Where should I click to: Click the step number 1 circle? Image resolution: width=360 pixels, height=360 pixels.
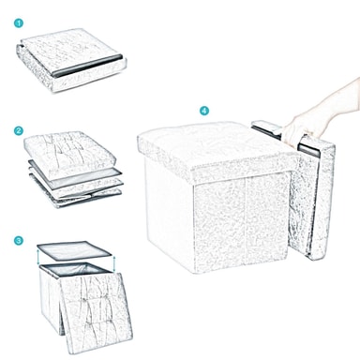pyautogui.click(x=19, y=23)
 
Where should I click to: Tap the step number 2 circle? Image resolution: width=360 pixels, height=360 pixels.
pyautogui.click(x=19, y=130)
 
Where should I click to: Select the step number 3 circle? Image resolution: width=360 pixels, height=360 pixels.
pyautogui.click(x=19, y=241)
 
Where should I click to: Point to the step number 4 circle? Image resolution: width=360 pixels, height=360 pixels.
pyautogui.click(x=204, y=111)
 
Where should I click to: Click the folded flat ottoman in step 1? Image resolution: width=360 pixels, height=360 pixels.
pyautogui.click(x=71, y=60)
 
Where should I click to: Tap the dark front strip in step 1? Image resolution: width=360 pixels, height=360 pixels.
pyautogui.click(x=87, y=66)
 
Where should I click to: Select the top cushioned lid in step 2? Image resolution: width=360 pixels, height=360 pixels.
pyautogui.click(x=70, y=151)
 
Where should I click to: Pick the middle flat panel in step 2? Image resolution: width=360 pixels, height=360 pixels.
pyautogui.click(x=75, y=177)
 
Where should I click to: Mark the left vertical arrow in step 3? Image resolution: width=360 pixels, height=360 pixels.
pyautogui.click(x=38, y=258)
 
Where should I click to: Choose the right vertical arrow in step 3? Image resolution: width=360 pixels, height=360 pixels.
pyautogui.click(x=114, y=264)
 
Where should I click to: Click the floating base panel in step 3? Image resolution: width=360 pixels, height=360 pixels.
pyautogui.click(x=74, y=250)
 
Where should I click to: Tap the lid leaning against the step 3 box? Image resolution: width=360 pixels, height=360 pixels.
pyautogui.click(x=96, y=312)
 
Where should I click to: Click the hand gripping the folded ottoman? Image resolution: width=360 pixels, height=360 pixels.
pyautogui.click(x=297, y=130)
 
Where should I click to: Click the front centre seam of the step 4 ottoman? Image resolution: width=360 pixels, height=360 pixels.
pyautogui.click(x=246, y=221)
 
